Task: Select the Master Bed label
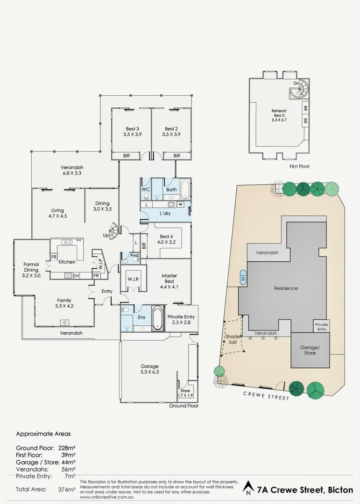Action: (x=169, y=278)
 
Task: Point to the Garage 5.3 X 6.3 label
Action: (x=149, y=369)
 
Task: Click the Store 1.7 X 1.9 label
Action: (x=185, y=392)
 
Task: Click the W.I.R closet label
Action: (x=133, y=280)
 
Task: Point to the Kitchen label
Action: (x=67, y=262)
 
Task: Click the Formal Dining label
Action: (x=31, y=270)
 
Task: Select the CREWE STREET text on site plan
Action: (x=266, y=396)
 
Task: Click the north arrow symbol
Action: (x=247, y=489)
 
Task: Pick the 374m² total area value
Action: (x=66, y=489)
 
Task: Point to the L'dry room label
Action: (x=164, y=213)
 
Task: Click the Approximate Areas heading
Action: (x=43, y=434)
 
